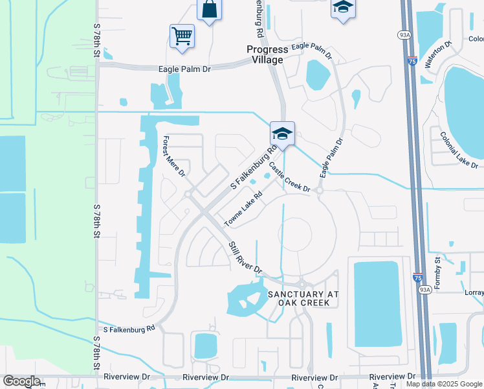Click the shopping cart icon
point(182,36)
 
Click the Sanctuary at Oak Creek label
point(303,298)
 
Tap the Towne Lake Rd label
point(243,209)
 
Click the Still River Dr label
point(245,258)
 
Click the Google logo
point(21,381)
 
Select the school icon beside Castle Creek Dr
point(282,134)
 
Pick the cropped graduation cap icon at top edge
point(343,8)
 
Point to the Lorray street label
point(474,292)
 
